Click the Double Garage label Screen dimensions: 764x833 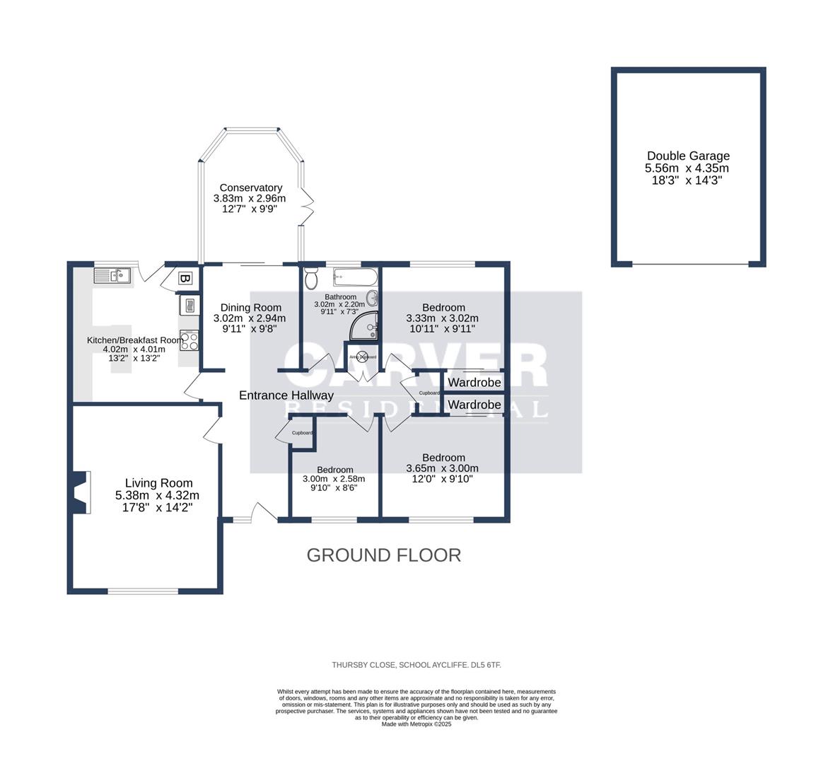[x=688, y=156]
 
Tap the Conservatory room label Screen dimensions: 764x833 [x=250, y=187]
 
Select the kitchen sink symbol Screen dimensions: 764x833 [x=112, y=275]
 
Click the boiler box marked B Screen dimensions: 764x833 [x=185, y=279]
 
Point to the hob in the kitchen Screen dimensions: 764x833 [x=189, y=340]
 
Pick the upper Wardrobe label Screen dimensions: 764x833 [x=474, y=383]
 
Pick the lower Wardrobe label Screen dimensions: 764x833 [x=474, y=405]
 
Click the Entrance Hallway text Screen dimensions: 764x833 [x=286, y=395]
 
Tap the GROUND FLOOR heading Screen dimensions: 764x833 [x=383, y=555]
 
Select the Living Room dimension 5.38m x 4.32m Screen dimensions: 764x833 [x=158, y=495]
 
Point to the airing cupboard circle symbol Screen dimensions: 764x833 [x=361, y=357]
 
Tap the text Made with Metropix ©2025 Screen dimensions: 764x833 [x=416, y=724]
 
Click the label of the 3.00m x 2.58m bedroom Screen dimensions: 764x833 [x=334, y=470]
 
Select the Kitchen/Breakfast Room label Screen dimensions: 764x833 [x=134, y=340]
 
